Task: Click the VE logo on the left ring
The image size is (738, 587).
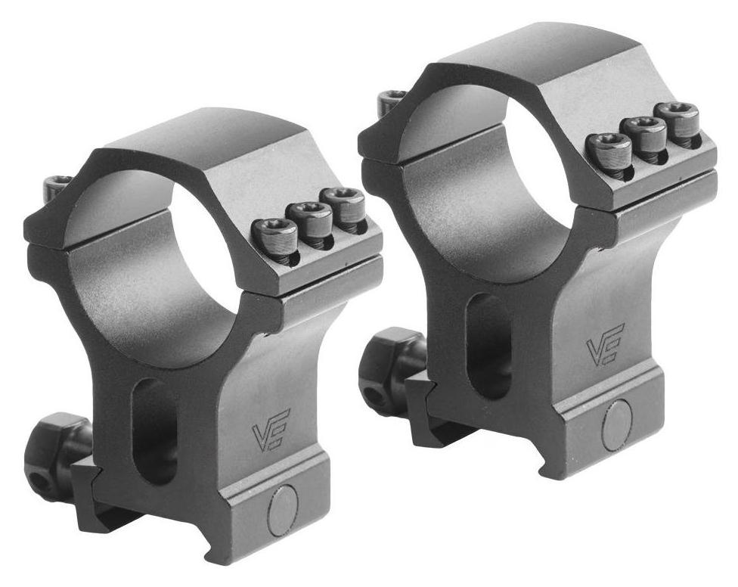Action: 272,430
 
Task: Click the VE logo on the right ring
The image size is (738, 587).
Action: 605,344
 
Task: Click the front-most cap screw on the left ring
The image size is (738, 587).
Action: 276,235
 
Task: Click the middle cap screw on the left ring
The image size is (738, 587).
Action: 311,219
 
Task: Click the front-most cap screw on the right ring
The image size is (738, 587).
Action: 611,149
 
